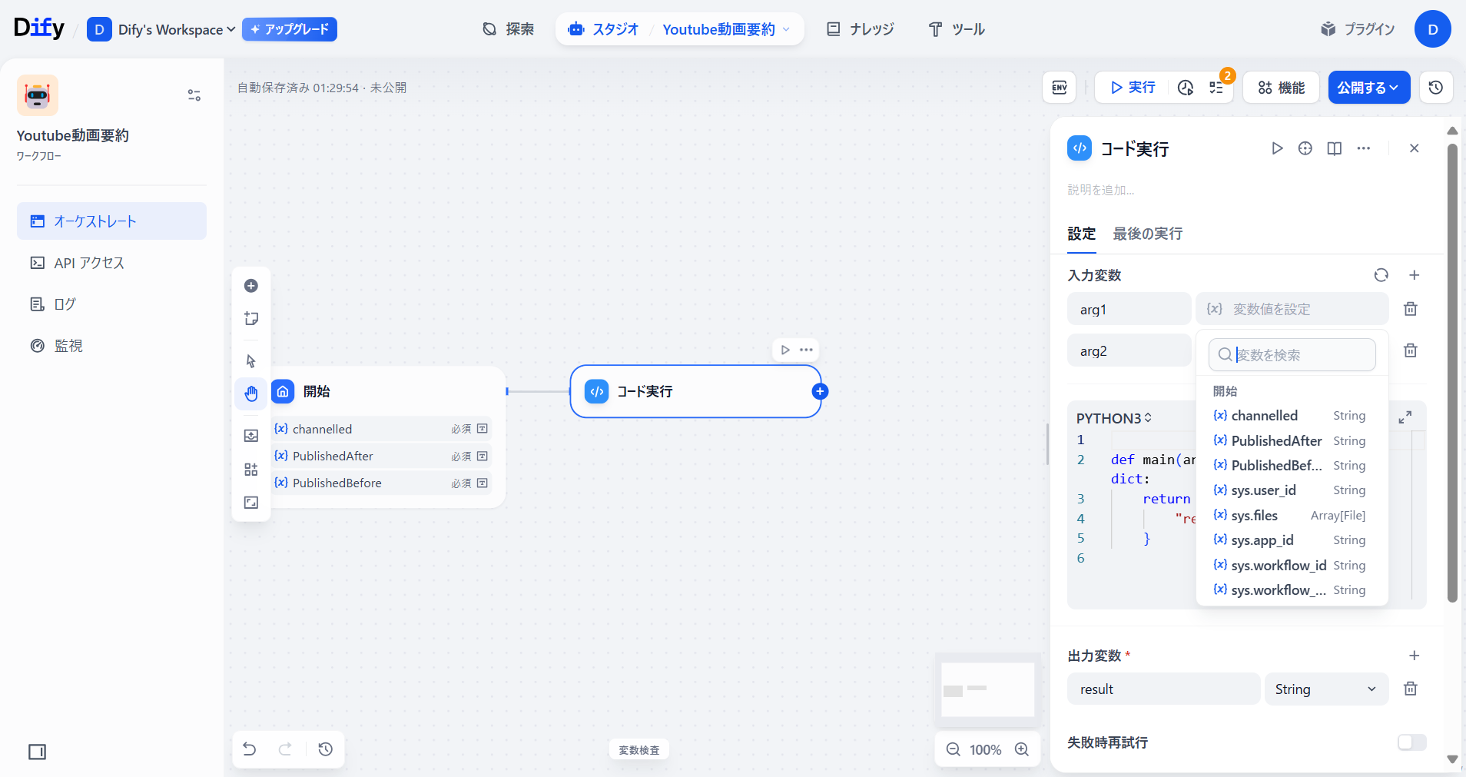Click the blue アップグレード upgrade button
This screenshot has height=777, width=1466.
coord(290,29)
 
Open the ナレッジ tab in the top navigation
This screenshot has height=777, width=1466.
coord(861,29)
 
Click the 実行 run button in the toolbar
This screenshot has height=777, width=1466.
coord(1133,88)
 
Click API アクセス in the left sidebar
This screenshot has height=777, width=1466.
coord(89,263)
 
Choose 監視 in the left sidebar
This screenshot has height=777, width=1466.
coord(68,346)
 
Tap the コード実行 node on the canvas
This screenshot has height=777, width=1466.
coord(695,391)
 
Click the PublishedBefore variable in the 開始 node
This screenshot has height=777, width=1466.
coord(337,483)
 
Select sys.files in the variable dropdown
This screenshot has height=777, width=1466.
coord(1255,516)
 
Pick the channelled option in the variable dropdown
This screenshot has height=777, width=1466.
coord(1265,416)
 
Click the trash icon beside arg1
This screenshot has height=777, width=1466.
coord(1411,309)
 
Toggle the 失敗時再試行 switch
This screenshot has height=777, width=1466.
coord(1411,742)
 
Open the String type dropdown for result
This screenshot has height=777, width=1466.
coord(1326,689)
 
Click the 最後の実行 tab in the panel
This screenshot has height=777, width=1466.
coord(1148,234)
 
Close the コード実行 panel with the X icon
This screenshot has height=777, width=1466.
coord(1415,148)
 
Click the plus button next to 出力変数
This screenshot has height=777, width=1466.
coord(1414,656)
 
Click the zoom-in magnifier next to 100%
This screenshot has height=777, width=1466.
coord(1022,749)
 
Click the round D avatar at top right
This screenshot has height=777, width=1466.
coord(1432,29)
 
